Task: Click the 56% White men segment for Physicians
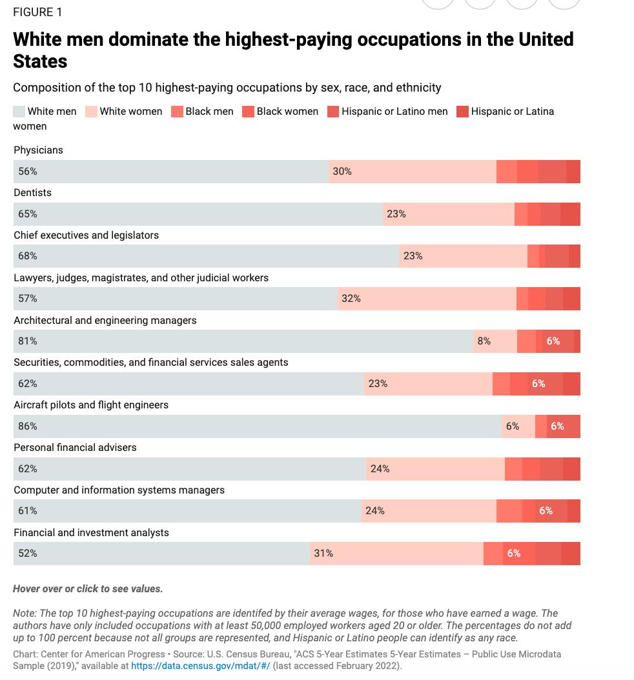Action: [171, 172]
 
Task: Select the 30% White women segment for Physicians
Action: [412, 172]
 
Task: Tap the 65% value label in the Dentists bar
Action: [28, 214]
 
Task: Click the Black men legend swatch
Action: [177, 112]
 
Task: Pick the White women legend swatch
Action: [91, 112]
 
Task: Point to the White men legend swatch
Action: [19, 112]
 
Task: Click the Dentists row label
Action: [32, 193]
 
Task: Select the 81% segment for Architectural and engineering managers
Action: [243, 341]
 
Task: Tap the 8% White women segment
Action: [495, 341]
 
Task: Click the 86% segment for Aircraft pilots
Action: [258, 426]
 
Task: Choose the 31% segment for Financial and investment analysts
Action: [396, 554]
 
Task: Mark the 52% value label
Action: [28, 554]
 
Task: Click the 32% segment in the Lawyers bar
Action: [427, 299]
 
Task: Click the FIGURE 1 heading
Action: [38, 12]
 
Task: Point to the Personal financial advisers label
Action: [75, 448]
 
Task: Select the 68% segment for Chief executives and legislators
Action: [206, 256]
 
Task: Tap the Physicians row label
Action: [38, 150]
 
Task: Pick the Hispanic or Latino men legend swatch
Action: [333, 112]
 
